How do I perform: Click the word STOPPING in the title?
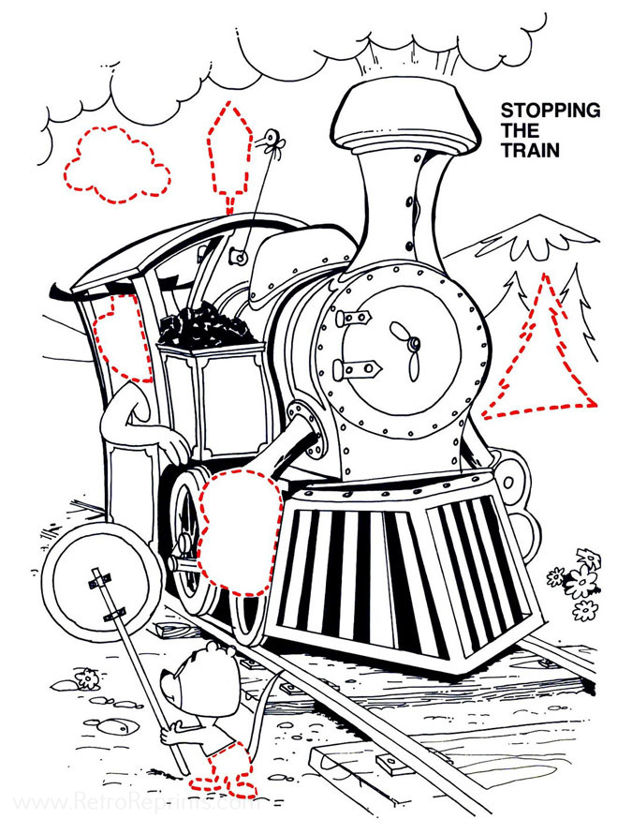pos(550,111)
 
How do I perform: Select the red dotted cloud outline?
pos(116,165)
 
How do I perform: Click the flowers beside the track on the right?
pos(581,583)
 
